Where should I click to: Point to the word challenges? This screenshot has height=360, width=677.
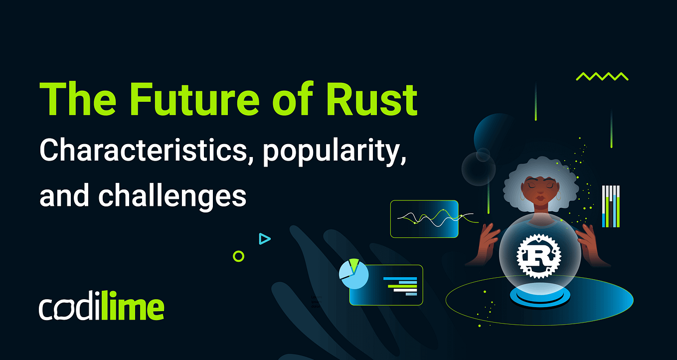pos(172,195)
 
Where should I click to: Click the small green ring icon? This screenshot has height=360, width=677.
pos(239,256)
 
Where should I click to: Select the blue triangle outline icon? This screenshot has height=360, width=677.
pos(264,239)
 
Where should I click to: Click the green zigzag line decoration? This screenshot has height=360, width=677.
pos(602,76)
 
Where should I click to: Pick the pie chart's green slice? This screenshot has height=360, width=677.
pos(354,265)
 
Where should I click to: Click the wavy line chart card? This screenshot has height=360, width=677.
pos(424,218)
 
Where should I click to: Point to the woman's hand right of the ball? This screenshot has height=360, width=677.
pos(591,242)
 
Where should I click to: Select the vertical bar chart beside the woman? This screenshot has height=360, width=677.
pos(611,206)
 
